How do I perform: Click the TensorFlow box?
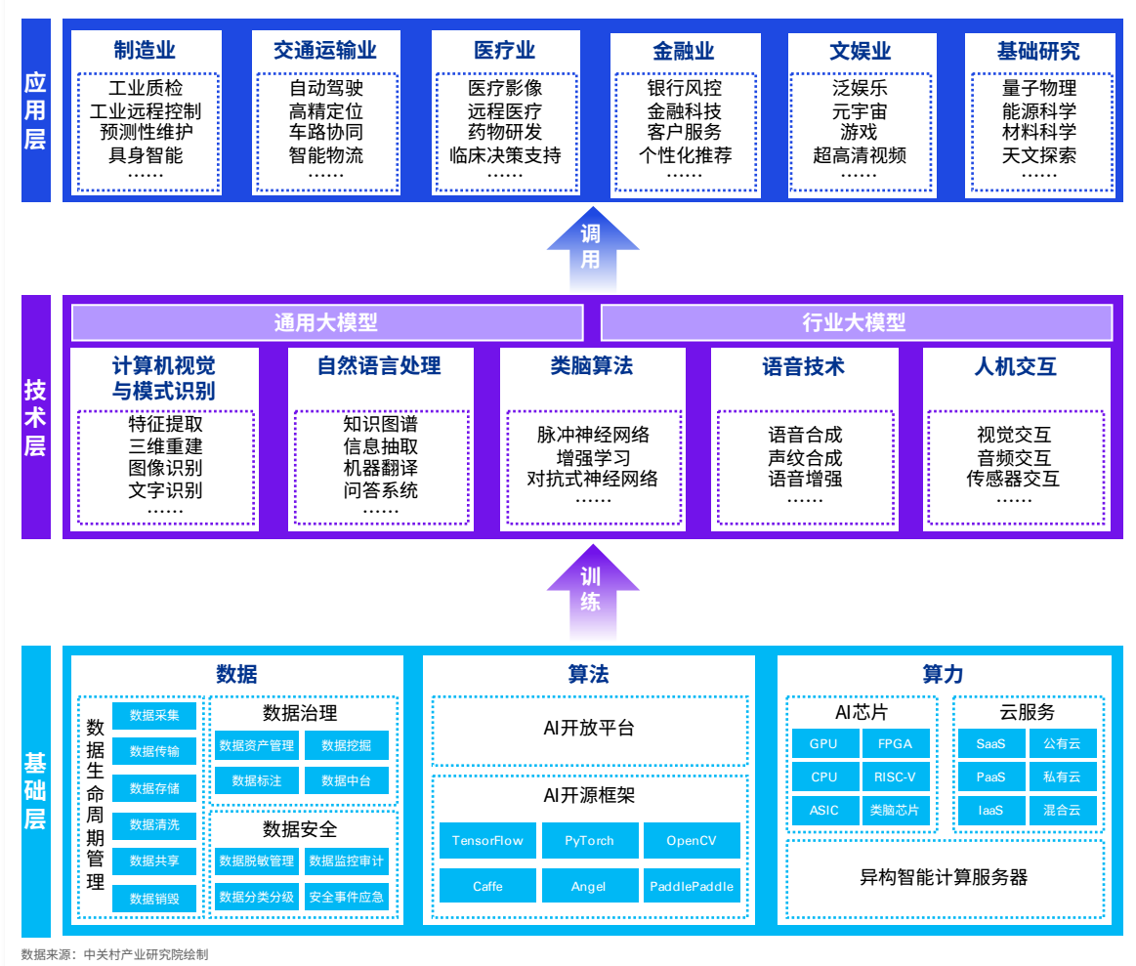(x=487, y=840)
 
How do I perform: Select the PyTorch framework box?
(x=590, y=840)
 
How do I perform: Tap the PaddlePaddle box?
(x=692, y=886)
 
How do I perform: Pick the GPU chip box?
(x=823, y=743)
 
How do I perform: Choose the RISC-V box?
(x=895, y=777)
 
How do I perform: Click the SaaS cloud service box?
(x=990, y=743)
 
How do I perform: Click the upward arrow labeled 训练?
(x=591, y=588)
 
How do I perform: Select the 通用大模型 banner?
(x=326, y=322)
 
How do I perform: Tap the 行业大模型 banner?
(x=856, y=322)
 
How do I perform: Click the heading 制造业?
(x=145, y=51)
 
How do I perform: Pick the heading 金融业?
(x=684, y=51)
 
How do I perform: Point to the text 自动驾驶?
(x=326, y=89)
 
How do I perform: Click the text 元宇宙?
(x=860, y=111)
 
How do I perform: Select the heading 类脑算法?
(x=591, y=366)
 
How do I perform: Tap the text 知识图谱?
(x=380, y=425)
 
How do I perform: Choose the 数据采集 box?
(x=154, y=715)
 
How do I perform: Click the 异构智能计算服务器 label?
(x=944, y=876)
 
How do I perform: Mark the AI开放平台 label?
(x=589, y=728)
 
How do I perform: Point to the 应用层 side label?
(x=35, y=109)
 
